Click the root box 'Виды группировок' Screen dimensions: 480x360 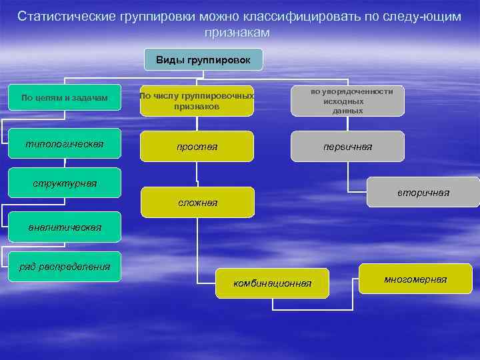203,60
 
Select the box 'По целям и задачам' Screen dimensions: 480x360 65,98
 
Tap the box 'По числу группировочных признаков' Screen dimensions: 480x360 197,101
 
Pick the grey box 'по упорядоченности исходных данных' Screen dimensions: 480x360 347,101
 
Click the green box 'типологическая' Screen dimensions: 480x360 65,144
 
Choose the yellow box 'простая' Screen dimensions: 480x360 197,147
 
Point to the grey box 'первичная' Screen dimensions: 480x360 347,147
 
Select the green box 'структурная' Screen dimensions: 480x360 65,183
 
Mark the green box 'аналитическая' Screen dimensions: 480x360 65,227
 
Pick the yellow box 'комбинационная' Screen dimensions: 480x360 272,283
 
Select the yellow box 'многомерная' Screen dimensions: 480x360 415,279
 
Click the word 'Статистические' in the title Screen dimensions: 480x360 66,16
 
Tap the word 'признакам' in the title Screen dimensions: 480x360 239,31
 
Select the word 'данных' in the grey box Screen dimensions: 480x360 347,111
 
